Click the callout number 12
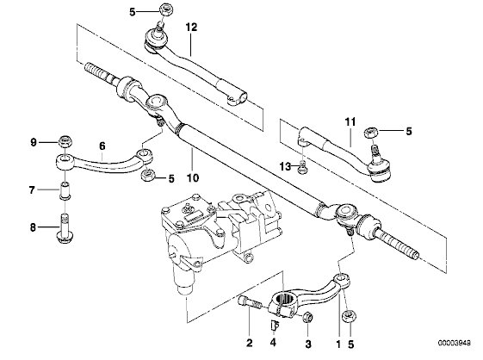[x=191, y=27]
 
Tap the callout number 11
[x=350, y=122]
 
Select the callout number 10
[x=193, y=177]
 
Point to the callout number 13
[x=286, y=167]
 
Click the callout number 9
[x=34, y=142]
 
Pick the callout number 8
[x=33, y=227]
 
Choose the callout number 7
[x=32, y=189]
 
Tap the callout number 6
[x=102, y=146]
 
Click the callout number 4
[x=273, y=342]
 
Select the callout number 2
[x=249, y=343]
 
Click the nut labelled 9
[x=65, y=141]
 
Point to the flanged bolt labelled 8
[x=65, y=229]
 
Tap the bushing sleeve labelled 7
[x=65, y=190]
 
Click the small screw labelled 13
[x=302, y=167]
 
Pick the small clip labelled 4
[x=275, y=326]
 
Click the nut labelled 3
[x=307, y=317]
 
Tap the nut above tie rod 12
[x=166, y=9]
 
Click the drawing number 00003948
[x=455, y=343]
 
